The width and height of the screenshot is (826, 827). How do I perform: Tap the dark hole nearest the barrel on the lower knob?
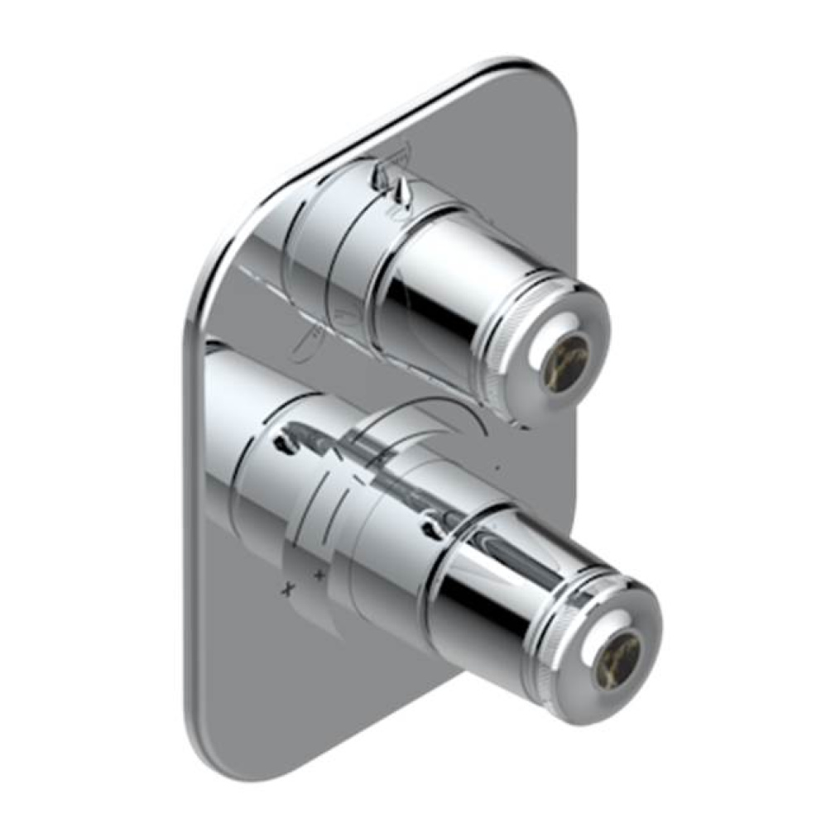(430, 520)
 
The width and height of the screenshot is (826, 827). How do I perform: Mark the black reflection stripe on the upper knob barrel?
(414, 305)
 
